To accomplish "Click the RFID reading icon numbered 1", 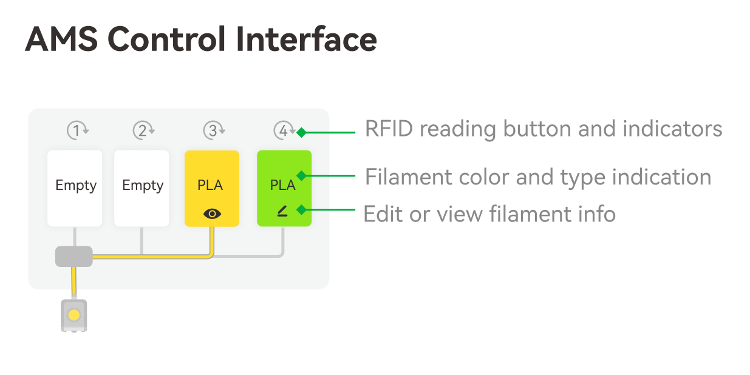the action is pyautogui.click(x=77, y=130).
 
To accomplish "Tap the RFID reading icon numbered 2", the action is pyautogui.click(x=144, y=130).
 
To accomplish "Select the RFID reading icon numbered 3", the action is pyautogui.click(x=214, y=130).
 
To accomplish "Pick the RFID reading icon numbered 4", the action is pyautogui.click(x=284, y=130).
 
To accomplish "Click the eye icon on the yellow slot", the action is pyautogui.click(x=212, y=214).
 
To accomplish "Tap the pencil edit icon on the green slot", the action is pyautogui.click(x=282, y=211).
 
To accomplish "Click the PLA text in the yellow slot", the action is pyautogui.click(x=210, y=185).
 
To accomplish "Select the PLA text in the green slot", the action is pyautogui.click(x=282, y=185).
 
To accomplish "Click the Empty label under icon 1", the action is pyautogui.click(x=76, y=186).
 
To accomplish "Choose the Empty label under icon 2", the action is pyautogui.click(x=143, y=186).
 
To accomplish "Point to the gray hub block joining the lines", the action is pyautogui.click(x=74, y=257).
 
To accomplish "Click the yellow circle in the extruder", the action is pyautogui.click(x=73, y=315).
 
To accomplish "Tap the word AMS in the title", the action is pyautogui.click(x=61, y=39).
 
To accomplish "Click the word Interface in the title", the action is pyautogui.click(x=306, y=39).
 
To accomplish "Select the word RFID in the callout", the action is pyautogui.click(x=389, y=129).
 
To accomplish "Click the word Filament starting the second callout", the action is pyautogui.click(x=409, y=177).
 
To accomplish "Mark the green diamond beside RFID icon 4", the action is pyautogui.click(x=301, y=132).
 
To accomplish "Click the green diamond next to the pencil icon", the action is pyautogui.click(x=301, y=210).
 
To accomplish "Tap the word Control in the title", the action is pyautogui.click(x=166, y=39).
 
